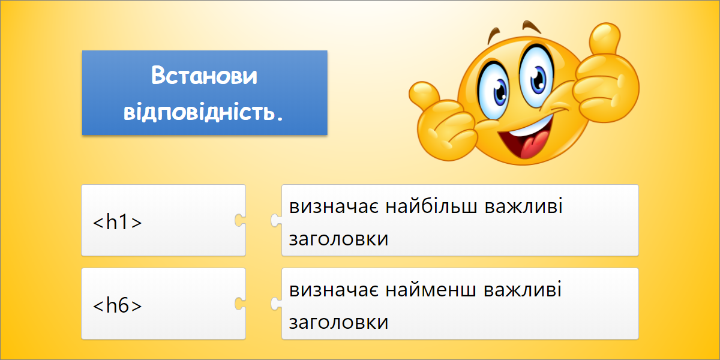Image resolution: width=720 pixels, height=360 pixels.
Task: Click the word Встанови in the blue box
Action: click(x=204, y=75)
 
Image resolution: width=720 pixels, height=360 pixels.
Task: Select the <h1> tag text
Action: click(x=118, y=222)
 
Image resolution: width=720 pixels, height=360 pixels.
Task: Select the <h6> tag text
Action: click(x=118, y=305)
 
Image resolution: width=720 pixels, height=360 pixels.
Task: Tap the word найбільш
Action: click(x=431, y=206)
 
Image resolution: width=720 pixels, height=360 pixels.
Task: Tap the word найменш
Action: click(x=431, y=289)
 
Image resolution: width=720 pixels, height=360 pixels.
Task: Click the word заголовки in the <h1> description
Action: click(x=338, y=239)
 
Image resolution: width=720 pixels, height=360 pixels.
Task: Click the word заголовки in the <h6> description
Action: click(x=338, y=322)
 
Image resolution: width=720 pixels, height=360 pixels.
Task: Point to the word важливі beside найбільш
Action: click(x=524, y=206)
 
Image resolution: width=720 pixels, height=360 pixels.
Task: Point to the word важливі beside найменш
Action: click(x=523, y=289)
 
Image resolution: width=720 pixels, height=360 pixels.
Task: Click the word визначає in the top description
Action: click(x=334, y=206)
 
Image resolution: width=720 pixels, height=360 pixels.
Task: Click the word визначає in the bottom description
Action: click(x=334, y=290)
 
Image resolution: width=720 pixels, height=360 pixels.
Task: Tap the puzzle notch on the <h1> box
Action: click(x=240, y=220)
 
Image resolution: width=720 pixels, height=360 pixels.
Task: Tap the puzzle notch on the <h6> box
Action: click(x=240, y=304)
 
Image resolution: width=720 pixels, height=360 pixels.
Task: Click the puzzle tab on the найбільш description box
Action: click(x=276, y=220)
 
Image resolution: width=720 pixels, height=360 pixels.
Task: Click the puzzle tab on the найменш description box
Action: click(x=276, y=304)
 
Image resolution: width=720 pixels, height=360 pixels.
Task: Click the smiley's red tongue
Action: click(x=533, y=144)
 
